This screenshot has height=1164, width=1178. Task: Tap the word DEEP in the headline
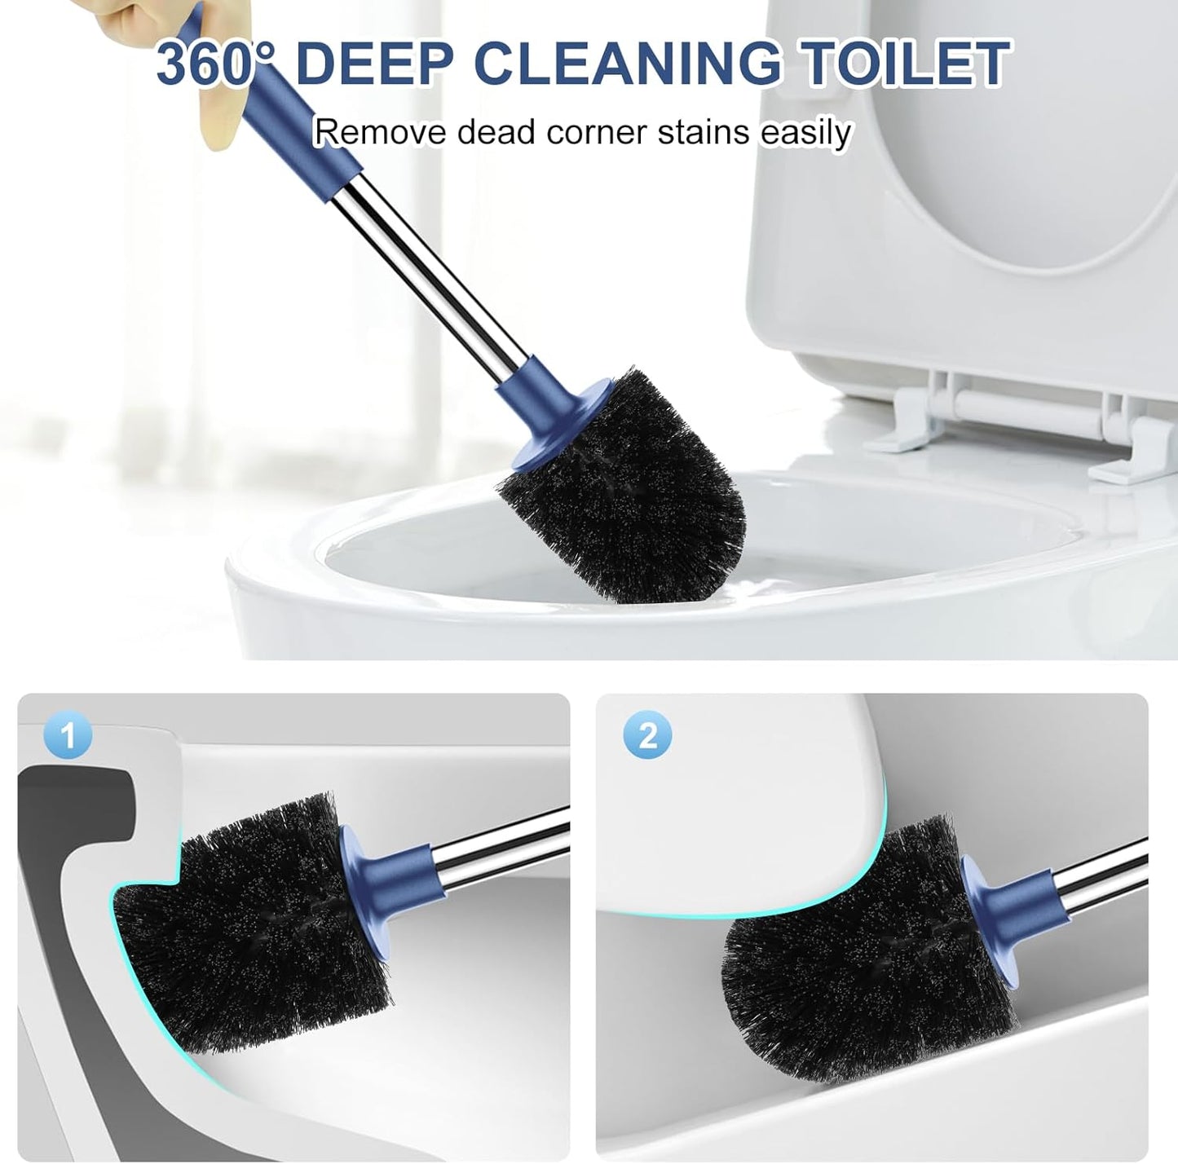coord(373,64)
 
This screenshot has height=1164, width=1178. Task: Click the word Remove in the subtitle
coord(380,132)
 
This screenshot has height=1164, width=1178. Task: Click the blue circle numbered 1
coord(68,736)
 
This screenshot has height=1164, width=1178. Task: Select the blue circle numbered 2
coord(647,736)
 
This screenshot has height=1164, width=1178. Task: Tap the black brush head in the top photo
coord(628,489)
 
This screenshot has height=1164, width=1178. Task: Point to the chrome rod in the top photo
coord(432,261)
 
